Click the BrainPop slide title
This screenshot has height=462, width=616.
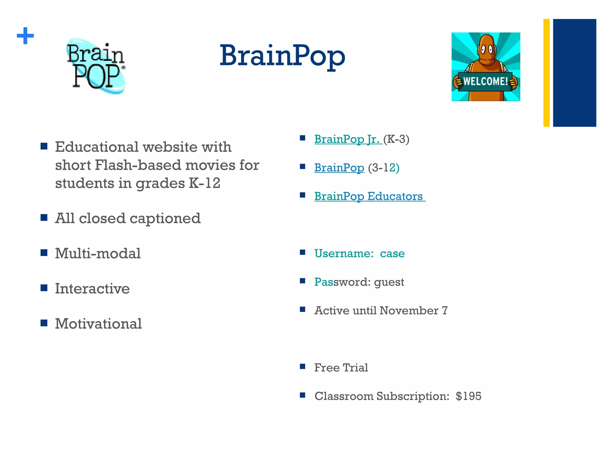282,56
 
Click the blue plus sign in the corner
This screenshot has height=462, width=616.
25,36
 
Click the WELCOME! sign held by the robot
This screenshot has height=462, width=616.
485,81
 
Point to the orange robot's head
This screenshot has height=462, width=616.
485,48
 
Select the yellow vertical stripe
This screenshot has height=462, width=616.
546,73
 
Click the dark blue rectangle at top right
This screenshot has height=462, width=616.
574,73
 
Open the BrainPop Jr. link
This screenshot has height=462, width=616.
347,139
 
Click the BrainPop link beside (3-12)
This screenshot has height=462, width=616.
339,168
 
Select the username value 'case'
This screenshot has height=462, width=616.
392,254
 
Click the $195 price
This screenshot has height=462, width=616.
468,396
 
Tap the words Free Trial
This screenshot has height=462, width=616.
341,368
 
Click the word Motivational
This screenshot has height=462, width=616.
98,324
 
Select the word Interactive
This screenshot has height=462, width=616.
92,288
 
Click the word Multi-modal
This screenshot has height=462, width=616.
98,253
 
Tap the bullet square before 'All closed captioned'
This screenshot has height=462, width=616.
44,217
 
